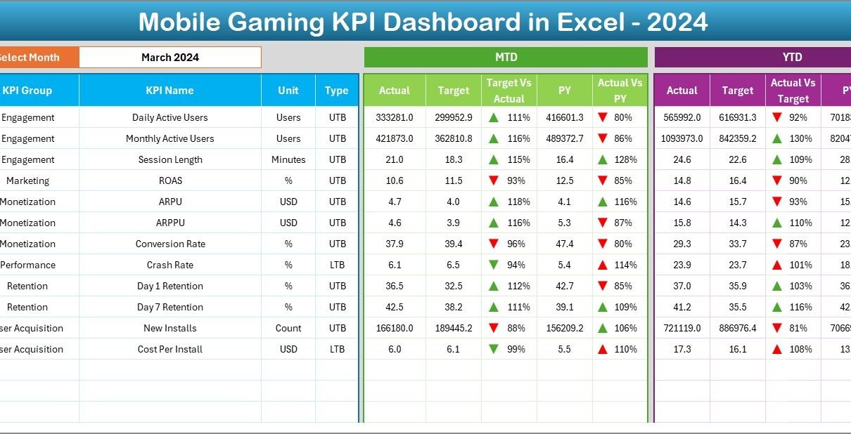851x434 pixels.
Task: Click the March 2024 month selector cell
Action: click(x=170, y=58)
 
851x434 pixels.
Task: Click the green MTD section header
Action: click(x=506, y=58)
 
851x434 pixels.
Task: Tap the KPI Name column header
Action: click(x=169, y=91)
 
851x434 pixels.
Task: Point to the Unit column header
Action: click(x=288, y=91)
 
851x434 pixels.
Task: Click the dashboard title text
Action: click(x=423, y=22)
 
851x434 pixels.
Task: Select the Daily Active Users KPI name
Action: click(x=169, y=117)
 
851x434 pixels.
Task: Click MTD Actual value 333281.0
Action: click(x=395, y=117)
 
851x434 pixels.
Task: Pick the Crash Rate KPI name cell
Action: click(x=169, y=265)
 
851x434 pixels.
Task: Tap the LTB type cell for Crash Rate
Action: click(x=338, y=265)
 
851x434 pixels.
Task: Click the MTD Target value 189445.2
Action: click(x=454, y=328)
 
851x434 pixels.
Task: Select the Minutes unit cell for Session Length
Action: click(x=288, y=159)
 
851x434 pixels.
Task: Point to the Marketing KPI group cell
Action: click(x=27, y=180)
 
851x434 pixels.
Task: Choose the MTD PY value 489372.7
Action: click(x=564, y=138)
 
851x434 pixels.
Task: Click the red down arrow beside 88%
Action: click(x=494, y=328)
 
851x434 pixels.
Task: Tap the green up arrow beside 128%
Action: click(x=602, y=159)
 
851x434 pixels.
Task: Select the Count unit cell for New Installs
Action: click(x=288, y=328)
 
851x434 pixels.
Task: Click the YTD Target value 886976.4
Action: click(x=738, y=328)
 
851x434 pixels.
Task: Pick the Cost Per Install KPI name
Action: click(x=169, y=349)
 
